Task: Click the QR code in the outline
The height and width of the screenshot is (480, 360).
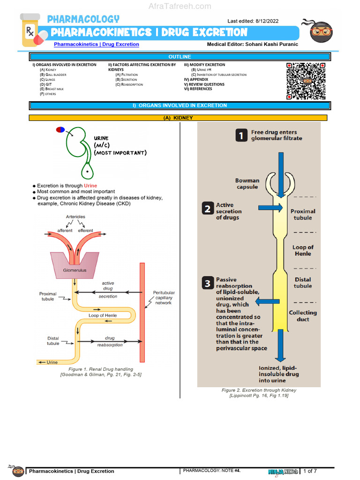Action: pyautogui.click(x=306, y=81)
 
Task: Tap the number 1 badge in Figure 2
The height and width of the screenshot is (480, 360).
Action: pyautogui.click(x=241, y=135)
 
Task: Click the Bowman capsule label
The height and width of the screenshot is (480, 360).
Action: pyautogui.click(x=247, y=183)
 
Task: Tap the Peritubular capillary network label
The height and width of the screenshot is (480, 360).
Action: pyautogui.click(x=164, y=298)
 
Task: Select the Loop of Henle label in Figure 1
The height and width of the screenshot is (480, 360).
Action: pyautogui.click(x=103, y=315)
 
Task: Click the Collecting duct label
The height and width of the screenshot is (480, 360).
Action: pyautogui.click(x=303, y=316)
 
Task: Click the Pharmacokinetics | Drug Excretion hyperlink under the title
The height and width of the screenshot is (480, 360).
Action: pyautogui.click(x=97, y=45)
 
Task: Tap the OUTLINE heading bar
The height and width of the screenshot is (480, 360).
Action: pyautogui.click(x=180, y=57)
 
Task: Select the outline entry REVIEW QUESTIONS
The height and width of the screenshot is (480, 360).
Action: pyautogui.click(x=206, y=84)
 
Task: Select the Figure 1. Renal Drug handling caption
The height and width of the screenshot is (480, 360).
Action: pyautogui.click(x=101, y=369)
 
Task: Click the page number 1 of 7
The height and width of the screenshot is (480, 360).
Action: pyautogui.click(x=310, y=471)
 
